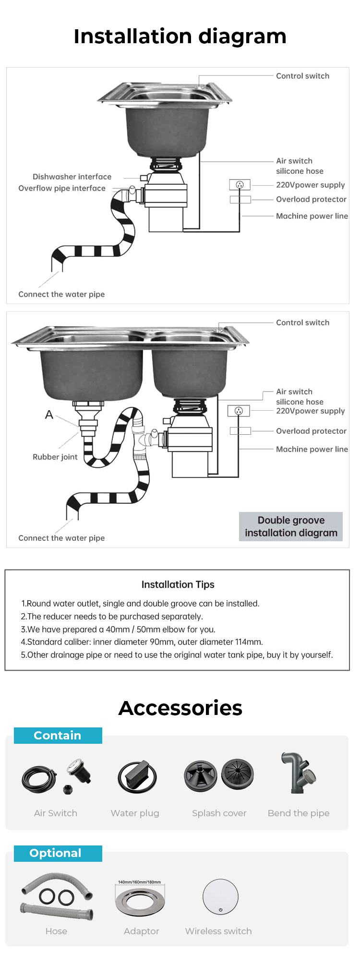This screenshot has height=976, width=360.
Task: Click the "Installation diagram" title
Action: pos(180,36)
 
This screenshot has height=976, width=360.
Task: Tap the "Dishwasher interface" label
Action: pos(72,177)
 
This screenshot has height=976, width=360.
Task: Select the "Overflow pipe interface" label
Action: pos(62,188)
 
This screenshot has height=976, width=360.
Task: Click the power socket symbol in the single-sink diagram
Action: pos(240,185)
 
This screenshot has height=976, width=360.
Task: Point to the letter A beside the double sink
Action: pos(49,415)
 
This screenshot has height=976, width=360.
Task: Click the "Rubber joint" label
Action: pos(55,457)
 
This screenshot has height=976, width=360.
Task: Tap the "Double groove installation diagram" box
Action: pos(291,526)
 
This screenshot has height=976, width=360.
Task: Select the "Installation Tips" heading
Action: pos(178,584)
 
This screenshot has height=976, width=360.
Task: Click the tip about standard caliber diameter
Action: pos(142,642)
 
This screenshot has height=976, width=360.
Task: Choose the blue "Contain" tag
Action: pos(58,736)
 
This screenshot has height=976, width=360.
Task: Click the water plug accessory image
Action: pos(137,776)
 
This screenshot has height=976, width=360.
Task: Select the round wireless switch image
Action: pos(220,896)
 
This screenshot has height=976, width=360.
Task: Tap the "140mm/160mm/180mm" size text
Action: pos(139,882)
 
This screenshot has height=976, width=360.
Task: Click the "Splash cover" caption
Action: pos(219,813)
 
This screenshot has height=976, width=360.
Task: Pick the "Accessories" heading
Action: pos(180,708)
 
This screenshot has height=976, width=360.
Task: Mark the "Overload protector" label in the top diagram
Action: pos(311,199)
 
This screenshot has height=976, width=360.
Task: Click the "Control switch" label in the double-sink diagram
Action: pos(302,322)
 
